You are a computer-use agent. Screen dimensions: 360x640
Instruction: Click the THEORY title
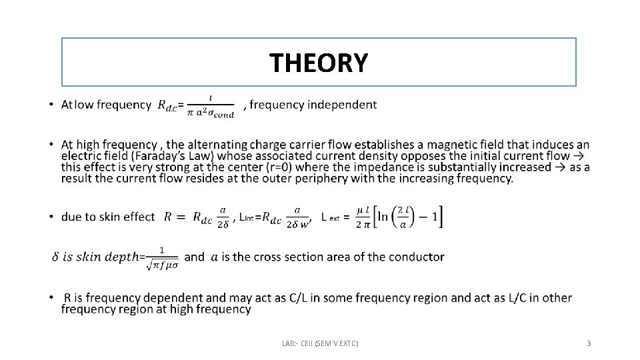point(318,63)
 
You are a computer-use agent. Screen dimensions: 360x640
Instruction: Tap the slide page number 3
point(589,343)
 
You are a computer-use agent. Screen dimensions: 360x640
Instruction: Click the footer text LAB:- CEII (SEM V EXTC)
point(320,343)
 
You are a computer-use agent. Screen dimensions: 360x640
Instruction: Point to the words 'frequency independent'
point(313,105)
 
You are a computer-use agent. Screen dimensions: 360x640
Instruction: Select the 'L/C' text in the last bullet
point(519,297)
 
